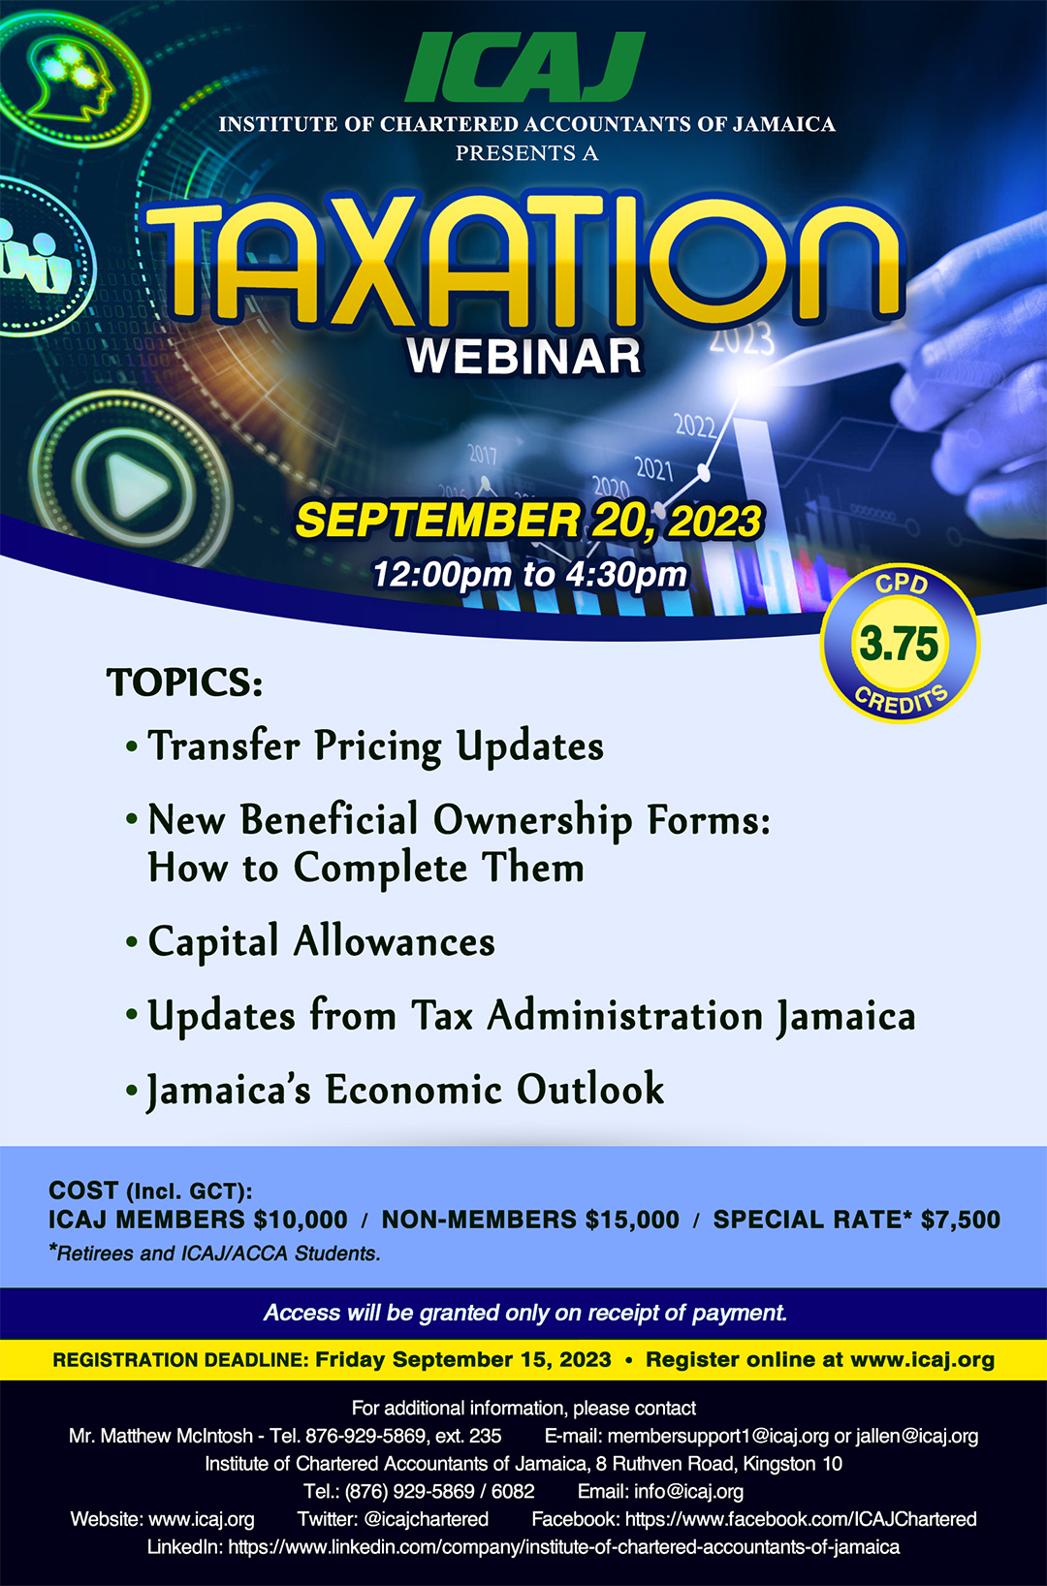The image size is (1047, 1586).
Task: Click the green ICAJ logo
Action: pyautogui.click(x=524, y=67)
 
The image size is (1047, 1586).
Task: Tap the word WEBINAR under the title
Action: pyautogui.click(x=524, y=357)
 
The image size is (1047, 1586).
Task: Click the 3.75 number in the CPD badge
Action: pyautogui.click(x=899, y=644)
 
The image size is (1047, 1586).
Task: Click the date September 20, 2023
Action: pyautogui.click(x=529, y=521)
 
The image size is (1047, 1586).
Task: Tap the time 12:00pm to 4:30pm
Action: pyautogui.click(x=529, y=574)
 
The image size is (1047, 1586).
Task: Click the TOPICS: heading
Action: pyautogui.click(x=184, y=682)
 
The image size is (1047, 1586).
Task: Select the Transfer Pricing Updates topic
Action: pyautogui.click(x=375, y=746)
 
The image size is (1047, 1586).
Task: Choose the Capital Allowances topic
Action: pyautogui.click(x=321, y=942)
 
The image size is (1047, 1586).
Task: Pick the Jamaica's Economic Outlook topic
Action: pyautogui.click(x=405, y=1090)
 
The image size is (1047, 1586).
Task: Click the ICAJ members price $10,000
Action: pyautogui.click(x=301, y=1220)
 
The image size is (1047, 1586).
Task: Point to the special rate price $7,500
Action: pyautogui.click(x=960, y=1220)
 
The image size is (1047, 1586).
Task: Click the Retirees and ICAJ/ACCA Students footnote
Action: pyautogui.click(x=215, y=1253)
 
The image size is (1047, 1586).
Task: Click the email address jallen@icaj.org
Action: pyautogui.click(x=917, y=1436)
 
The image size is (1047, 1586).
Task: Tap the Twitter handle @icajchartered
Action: pyautogui.click(x=426, y=1519)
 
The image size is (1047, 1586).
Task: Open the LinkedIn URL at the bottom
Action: pyautogui.click(x=563, y=1547)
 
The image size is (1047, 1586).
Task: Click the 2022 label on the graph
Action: pyautogui.click(x=694, y=425)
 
